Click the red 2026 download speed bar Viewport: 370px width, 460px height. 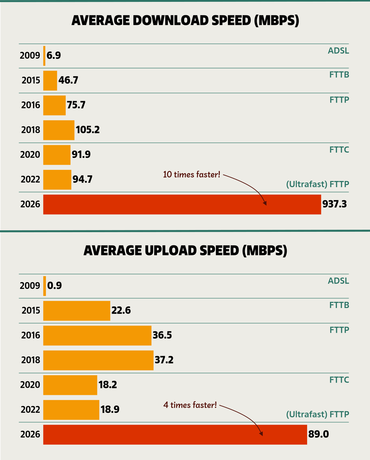tap(182, 204)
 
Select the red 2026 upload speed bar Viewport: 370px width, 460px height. tap(175, 434)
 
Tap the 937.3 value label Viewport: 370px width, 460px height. tap(335, 204)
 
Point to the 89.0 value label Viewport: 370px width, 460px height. tap(319, 434)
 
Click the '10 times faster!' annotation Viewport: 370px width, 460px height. tap(191, 175)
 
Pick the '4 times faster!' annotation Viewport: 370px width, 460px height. tap(190, 405)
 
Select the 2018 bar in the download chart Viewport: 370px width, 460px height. tap(59, 130)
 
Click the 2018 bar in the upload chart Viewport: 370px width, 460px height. tap(98, 360)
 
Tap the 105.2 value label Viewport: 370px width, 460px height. tap(88, 130)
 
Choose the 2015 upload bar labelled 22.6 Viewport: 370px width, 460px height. tap(76, 311)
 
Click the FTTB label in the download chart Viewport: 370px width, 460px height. tap(339, 75)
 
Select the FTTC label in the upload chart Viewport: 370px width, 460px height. tap(339, 380)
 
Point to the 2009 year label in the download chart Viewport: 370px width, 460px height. tap(30, 55)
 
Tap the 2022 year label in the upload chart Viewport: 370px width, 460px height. tap(30, 410)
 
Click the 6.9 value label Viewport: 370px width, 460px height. tap(54, 55)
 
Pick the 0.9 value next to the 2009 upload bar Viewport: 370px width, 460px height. tap(55, 285)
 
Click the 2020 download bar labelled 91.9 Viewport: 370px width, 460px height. tap(57, 155)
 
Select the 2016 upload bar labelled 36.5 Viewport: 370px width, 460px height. tap(97, 335)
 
